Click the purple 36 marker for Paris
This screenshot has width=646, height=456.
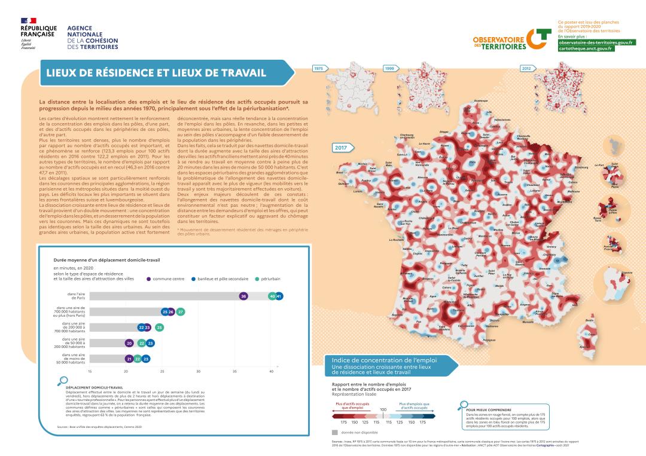tap(243, 296)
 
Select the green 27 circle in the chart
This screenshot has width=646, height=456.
tap(181, 312)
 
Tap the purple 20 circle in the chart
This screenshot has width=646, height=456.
tap(129, 343)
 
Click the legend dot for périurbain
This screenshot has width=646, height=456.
tap(257, 279)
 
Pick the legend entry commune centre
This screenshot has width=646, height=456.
tap(168, 279)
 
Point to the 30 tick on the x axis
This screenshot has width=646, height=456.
tap(199, 371)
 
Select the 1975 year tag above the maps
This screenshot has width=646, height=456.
tap(318, 69)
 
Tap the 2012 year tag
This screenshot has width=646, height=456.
tap(526, 69)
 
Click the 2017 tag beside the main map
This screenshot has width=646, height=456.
tap(341, 147)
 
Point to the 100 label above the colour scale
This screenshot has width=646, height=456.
tap(383, 409)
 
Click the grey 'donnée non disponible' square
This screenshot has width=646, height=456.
tap(335, 431)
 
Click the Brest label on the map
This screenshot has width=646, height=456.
tap(340, 173)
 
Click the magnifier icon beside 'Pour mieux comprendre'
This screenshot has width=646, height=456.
tap(462, 406)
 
